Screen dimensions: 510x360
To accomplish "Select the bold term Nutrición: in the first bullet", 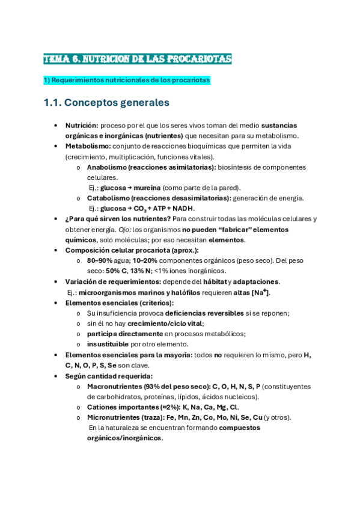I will coord(82,126).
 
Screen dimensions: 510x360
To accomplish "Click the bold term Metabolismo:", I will coord(87,146).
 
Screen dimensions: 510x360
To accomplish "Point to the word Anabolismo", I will coord(106,167).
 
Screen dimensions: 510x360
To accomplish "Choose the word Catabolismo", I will coord(109,198).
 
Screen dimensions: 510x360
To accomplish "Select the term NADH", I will coord(183,209).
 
